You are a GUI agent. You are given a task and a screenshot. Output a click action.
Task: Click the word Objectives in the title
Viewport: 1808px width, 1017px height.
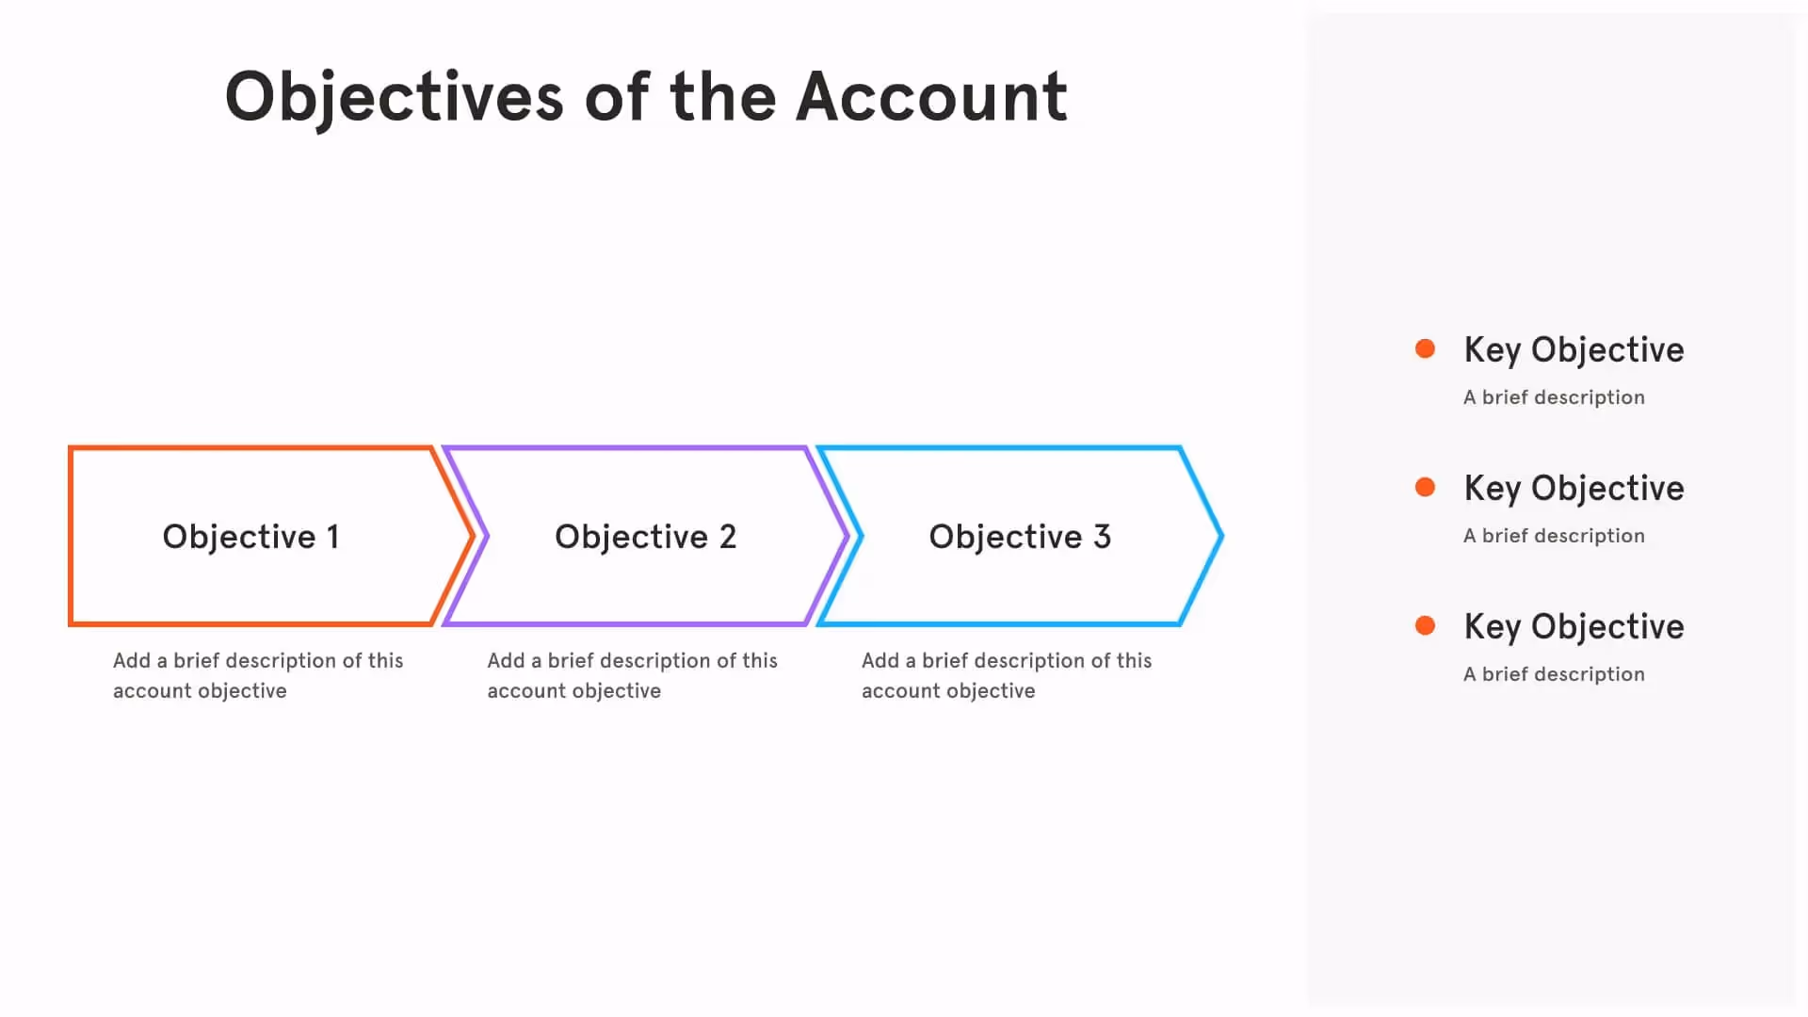[394, 97]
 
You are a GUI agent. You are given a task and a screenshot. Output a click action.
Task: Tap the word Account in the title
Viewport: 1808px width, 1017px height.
[931, 97]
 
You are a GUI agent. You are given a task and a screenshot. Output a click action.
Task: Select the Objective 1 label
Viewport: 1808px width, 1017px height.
[250, 537]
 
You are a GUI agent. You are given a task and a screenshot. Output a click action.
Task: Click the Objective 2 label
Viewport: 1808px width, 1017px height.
[645, 537]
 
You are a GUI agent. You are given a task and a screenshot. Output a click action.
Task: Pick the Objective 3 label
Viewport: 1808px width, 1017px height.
[1020, 537]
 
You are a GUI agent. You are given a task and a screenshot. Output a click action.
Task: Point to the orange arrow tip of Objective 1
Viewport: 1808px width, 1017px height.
[471, 537]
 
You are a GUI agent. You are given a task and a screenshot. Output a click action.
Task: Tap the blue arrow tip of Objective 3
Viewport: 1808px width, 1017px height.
[1220, 537]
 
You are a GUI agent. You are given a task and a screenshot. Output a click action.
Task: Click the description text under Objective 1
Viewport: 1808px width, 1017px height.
[257, 675]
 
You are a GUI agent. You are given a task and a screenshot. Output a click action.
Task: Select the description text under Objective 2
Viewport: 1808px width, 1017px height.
[632, 675]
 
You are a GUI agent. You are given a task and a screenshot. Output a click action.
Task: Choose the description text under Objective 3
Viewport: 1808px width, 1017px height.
[1006, 675]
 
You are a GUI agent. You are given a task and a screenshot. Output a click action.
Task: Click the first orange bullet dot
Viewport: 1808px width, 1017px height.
[1425, 349]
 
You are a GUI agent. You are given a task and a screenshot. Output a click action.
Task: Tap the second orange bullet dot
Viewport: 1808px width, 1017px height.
[1425, 488]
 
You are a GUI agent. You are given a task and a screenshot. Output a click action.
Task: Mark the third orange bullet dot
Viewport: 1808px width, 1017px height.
[1425, 626]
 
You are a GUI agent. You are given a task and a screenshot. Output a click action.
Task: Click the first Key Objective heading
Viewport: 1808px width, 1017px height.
[1574, 350]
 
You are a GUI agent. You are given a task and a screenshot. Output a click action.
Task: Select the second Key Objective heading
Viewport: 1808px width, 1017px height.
[1574, 489]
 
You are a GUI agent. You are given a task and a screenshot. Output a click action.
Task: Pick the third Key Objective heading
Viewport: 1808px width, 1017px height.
[1574, 627]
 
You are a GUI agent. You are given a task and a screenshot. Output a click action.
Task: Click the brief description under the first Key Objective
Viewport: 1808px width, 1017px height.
[1554, 397]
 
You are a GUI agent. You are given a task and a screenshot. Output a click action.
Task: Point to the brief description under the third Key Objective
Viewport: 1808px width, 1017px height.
[1554, 674]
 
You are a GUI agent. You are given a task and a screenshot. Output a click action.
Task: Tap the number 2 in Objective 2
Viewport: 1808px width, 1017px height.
[728, 537]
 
